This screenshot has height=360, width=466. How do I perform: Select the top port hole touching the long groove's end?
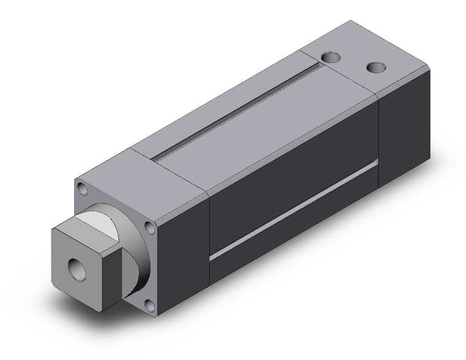(331, 59)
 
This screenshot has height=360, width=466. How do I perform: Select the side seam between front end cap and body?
(210, 245)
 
